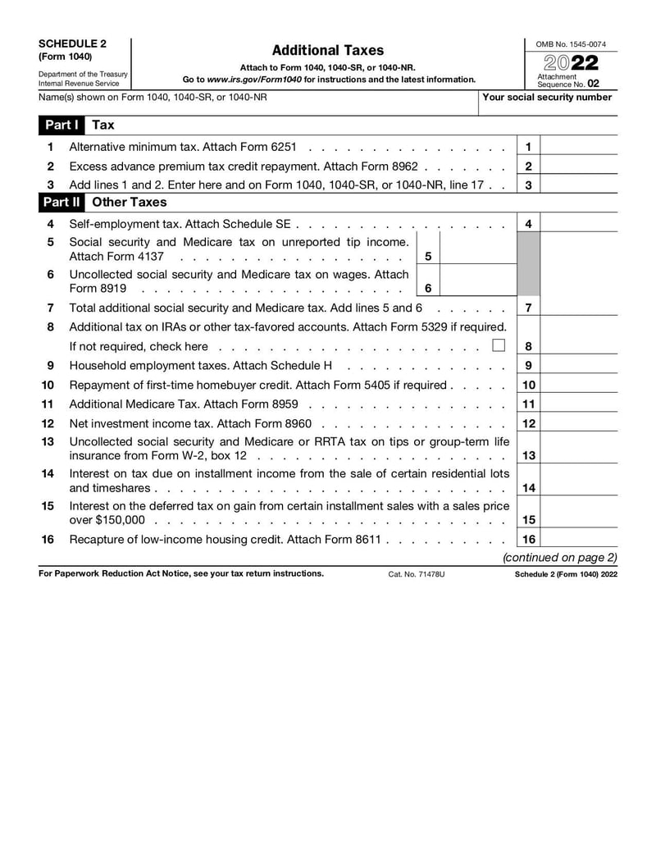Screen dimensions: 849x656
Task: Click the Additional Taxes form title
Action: (x=327, y=51)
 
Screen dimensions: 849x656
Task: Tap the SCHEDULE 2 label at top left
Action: (x=72, y=43)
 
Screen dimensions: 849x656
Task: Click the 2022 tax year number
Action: (x=570, y=63)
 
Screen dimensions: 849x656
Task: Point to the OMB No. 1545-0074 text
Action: (x=571, y=43)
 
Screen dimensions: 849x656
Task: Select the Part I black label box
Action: (x=61, y=125)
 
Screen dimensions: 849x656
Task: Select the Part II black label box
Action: (x=62, y=202)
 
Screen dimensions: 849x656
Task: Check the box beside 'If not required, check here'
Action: (x=499, y=345)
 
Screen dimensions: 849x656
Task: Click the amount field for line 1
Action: (x=579, y=147)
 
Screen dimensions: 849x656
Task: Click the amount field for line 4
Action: (x=579, y=223)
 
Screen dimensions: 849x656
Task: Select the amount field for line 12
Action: (x=579, y=424)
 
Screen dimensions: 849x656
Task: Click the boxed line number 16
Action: (x=529, y=539)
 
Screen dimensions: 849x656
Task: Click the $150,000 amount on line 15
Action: (x=121, y=520)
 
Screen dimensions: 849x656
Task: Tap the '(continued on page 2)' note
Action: (x=559, y=558)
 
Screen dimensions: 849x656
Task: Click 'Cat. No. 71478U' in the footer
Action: (x=417, y=574)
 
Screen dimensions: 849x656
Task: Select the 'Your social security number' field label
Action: (x=547, y=97)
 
